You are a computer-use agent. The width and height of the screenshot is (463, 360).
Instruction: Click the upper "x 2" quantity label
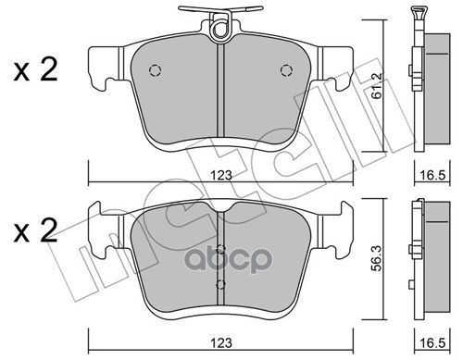(x=35, y=73)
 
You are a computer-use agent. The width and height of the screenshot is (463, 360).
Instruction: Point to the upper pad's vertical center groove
(x=219, y=93)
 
